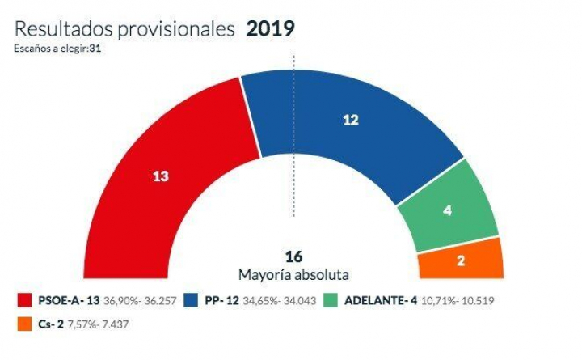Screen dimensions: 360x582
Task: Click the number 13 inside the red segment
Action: tap(161, 176)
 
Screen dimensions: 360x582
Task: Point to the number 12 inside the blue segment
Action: tap(351, 120)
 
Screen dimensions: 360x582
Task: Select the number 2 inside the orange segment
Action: tap(461, 261)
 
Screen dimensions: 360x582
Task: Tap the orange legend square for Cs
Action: tap(26, 324)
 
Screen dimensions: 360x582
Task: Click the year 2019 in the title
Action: tap(270, 30)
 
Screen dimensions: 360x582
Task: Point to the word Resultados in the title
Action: tap(57, 30)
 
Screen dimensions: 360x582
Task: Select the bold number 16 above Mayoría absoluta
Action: tap(293, 257)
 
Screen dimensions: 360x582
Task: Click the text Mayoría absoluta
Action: tap(293, 274)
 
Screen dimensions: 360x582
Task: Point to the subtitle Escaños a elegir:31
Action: tap(57, 49)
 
